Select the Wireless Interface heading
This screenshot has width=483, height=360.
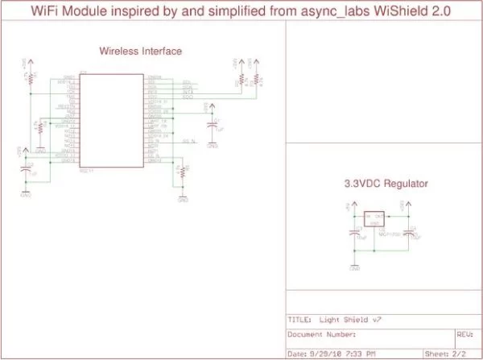[140, 51]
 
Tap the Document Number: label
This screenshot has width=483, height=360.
[323, 332]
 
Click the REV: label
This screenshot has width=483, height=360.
[464, 332]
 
